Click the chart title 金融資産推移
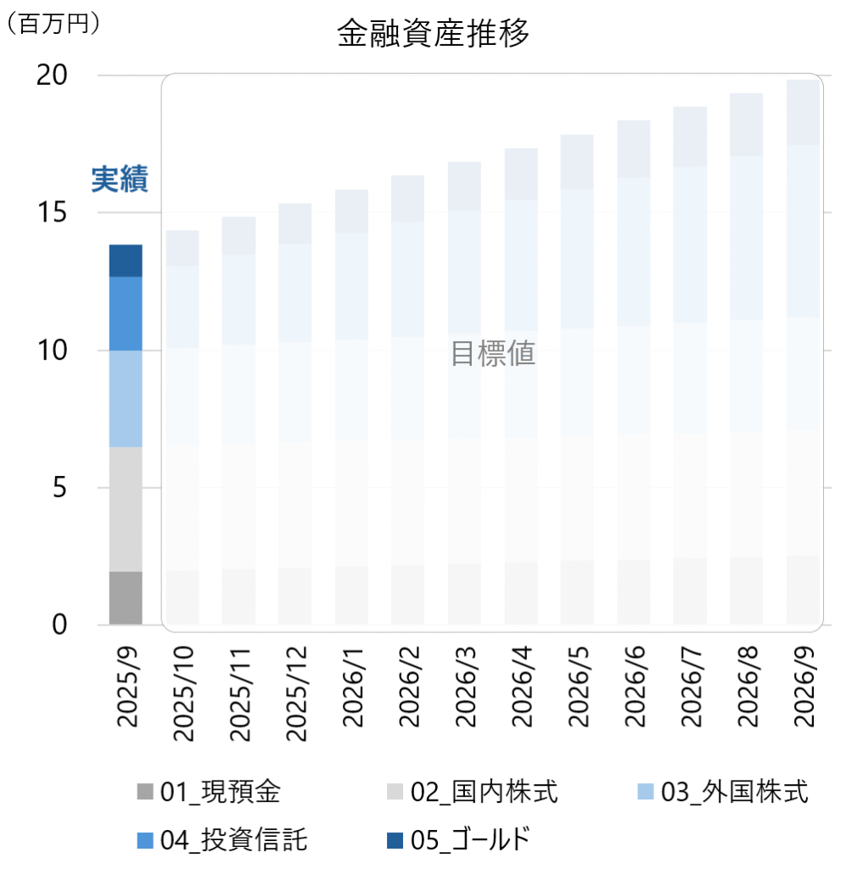pos(433,35)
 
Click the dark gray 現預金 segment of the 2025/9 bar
pos(126,597)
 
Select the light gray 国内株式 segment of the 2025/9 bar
pos(126,509)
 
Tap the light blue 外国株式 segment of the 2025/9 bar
pos(126,398)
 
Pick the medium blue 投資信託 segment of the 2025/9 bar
pos(126,313)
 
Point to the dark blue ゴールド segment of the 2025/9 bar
pos(126,261)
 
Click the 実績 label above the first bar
pos(120,180)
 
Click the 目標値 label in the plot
pos(492,354)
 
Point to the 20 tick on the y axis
pos(53,76)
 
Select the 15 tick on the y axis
pos(53,213)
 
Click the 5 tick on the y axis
pos(60,488)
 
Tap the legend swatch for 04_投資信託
pos(145,841)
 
